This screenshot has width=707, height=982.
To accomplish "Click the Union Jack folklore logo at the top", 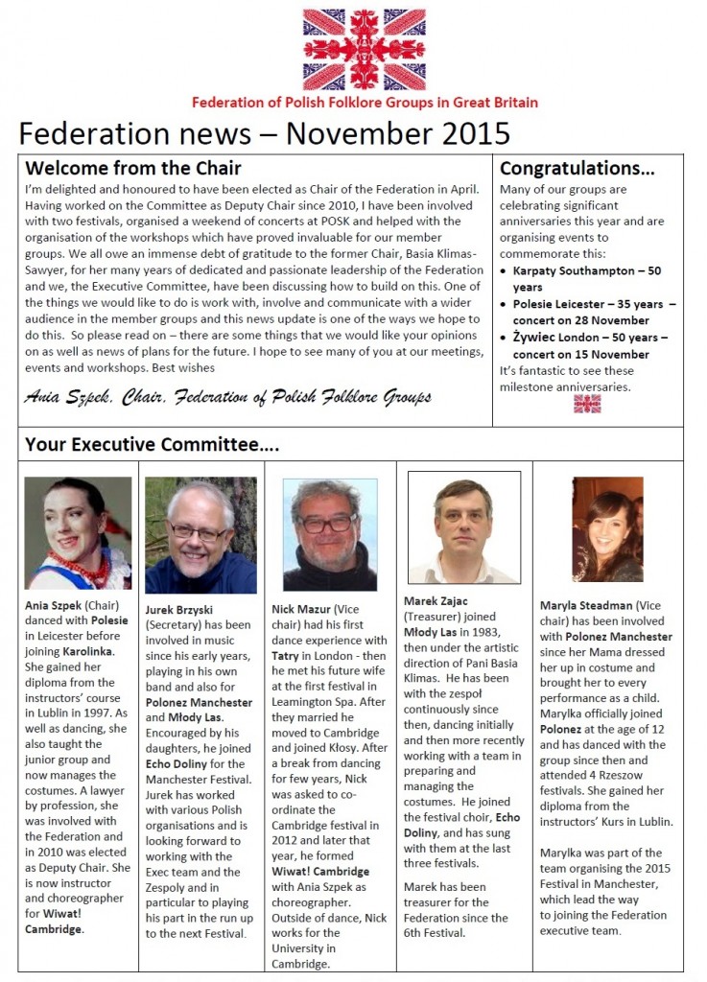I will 364,49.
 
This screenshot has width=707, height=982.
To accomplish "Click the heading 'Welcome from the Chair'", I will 133,170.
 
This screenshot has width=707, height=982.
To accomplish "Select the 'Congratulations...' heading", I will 577,170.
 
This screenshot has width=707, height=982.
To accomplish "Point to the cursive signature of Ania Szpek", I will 227,397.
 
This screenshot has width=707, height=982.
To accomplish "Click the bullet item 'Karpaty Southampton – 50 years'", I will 586,278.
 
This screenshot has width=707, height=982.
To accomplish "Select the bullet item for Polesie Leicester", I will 590,313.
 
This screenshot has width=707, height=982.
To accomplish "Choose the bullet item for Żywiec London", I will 590,346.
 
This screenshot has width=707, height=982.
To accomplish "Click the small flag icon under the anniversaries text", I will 587,404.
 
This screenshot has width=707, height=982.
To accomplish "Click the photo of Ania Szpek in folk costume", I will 78,532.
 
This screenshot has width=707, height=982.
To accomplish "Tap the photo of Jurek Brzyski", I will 200,535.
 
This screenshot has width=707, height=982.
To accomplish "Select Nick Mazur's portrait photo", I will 330,534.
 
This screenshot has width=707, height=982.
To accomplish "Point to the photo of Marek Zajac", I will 463,527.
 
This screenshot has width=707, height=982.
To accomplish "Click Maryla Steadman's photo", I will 607,529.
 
